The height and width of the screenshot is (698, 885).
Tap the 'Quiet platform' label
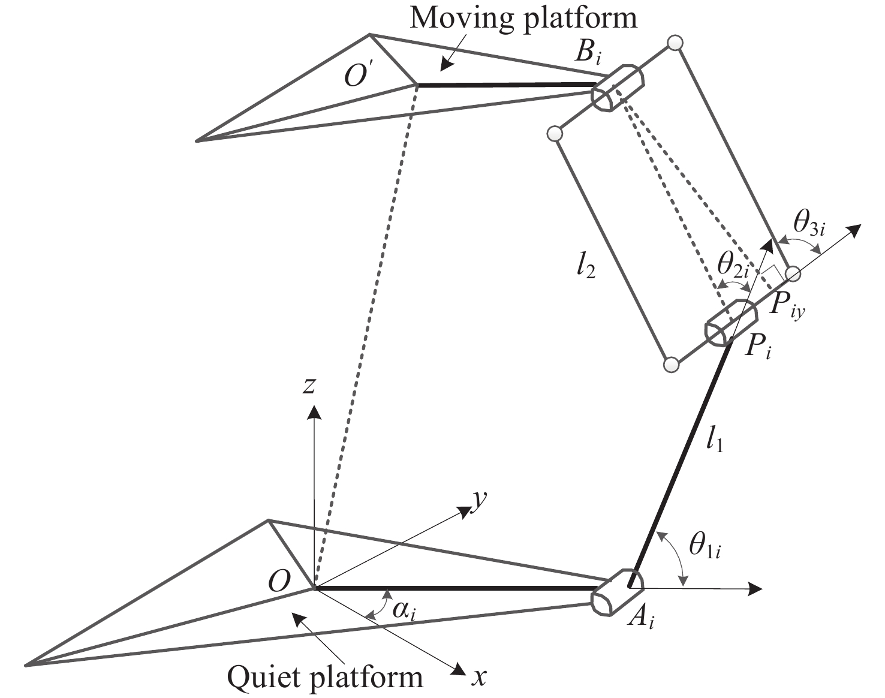[324, 677]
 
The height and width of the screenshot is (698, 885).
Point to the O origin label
[279, 581]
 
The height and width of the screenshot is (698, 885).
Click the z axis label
[309, 386]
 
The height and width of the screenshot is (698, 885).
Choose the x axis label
[478, 677]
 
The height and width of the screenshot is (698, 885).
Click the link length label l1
[714, 441]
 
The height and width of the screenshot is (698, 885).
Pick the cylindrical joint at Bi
[617, 88]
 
